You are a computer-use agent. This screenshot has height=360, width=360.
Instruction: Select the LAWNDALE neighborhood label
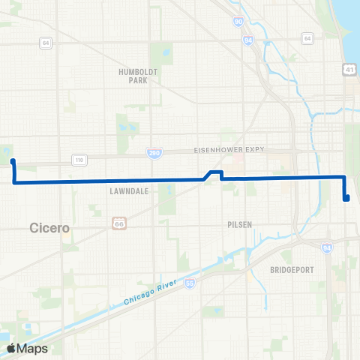click(x=132, y=191)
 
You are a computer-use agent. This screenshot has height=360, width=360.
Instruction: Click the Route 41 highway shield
click(x=349, y=69)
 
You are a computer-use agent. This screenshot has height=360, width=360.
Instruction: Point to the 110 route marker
click(x=78, y=159)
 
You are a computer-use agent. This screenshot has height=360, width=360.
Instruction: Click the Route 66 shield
click(x=118, y=223)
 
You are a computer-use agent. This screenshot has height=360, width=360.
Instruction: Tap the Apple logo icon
click(x=12, y=348)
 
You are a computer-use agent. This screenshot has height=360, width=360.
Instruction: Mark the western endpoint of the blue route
click(x=13, y=160)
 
